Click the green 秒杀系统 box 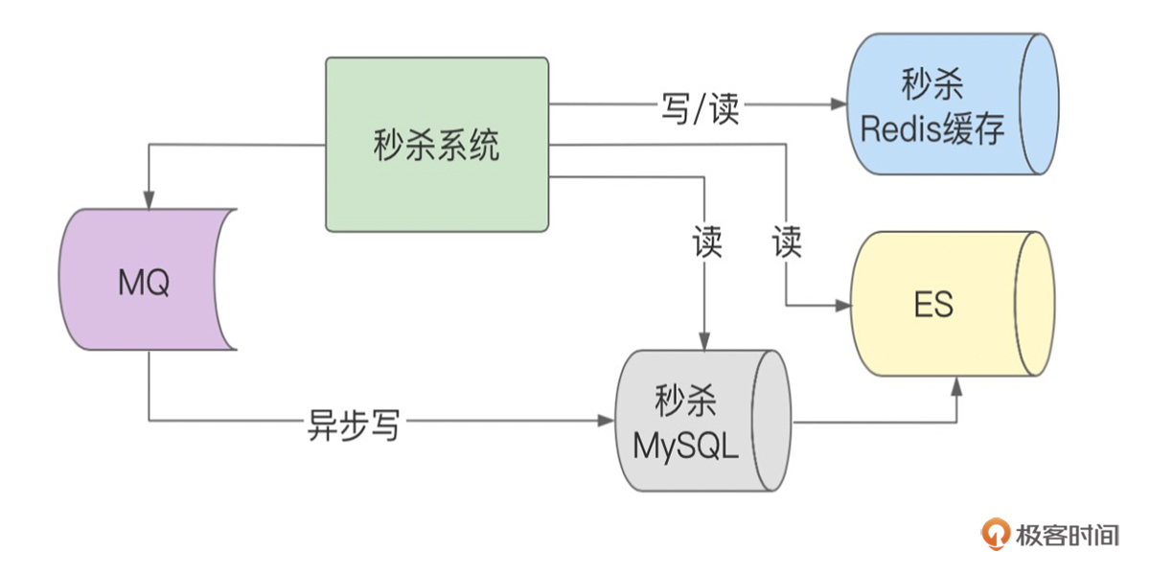point(437,145)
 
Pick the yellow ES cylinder point(944,304)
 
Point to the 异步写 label point(353,422)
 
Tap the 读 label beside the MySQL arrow point(706,243)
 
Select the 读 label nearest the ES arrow point(787,243)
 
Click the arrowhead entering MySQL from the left point(607,421)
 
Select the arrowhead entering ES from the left point(844,305)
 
